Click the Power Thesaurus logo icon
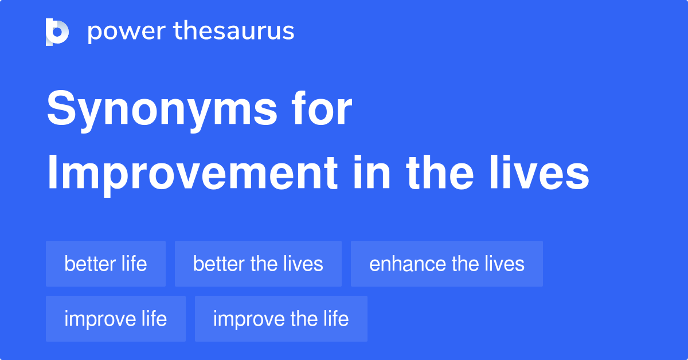(x=57, y=32)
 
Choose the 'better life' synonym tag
(x=105, y=264)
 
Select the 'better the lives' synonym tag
(x=258, y=264)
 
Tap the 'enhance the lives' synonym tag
(x=447, y=264)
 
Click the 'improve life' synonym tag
(x=115, y=319)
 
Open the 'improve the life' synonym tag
(x=281, y=319)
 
